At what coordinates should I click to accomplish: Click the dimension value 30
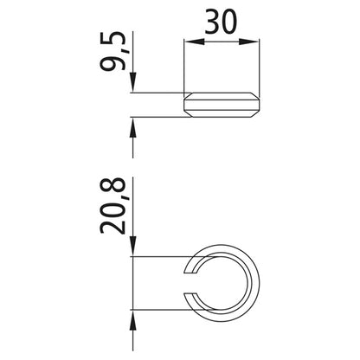(x=222, y=22)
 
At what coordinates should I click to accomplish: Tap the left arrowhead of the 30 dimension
(x=190, y=40)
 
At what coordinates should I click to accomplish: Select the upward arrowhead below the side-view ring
(x=132, y=125)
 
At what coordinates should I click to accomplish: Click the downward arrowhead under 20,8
(x=132, y=251)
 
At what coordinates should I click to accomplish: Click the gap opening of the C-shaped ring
(x=191, y=282)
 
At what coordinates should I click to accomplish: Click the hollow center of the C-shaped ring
(x=222, y=282)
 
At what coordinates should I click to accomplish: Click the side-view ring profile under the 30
(x=222, y=105)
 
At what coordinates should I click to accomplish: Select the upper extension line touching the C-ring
(x=164, y=257)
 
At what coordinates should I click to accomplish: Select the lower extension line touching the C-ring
(x=164, y=308)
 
